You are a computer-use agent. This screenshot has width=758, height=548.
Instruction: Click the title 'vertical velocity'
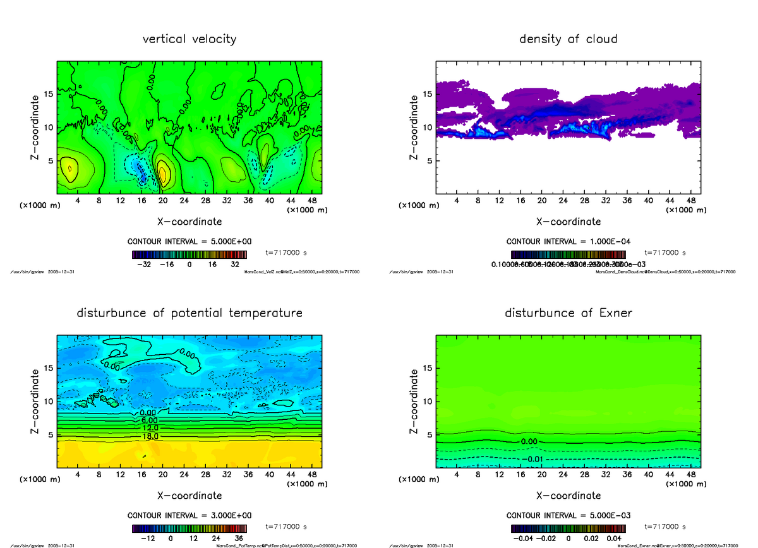pyautogui.click(x=189, y=39)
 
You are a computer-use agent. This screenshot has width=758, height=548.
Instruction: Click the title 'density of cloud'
pyautogui.click(x=568, y=39)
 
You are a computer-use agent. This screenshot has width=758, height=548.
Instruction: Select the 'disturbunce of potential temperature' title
pyautogui.click(x=189, y=313)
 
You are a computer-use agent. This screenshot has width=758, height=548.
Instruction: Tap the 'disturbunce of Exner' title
pyautogui.click(x=568, y=313)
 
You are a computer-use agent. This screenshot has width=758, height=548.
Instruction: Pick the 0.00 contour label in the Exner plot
pyautogui.click(x=531, y=441)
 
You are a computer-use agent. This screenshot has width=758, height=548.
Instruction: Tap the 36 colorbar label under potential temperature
pyautogui.click(x=239, y=539)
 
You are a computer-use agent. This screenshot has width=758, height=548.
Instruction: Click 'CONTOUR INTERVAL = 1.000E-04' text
pyautogui.click(x=568, y=241)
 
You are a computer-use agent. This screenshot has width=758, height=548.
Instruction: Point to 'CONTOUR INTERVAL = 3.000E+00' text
pyautogui.click(x=189, y=515)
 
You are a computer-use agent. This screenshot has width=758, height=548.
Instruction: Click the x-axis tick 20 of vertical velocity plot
pyautogui.click(x=162, y=201)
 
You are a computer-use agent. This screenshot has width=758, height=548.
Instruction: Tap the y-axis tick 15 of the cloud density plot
pyautogui.click(x=428, y=95)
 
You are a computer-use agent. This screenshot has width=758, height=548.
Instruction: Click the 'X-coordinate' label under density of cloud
pyautogui.click(x=568, y=222)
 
